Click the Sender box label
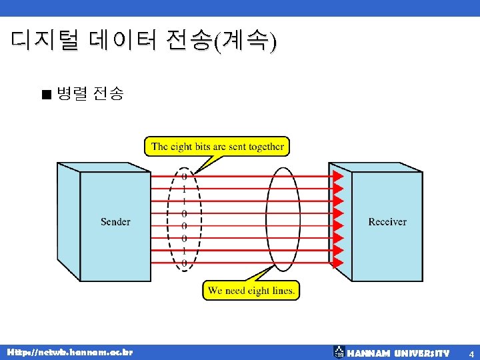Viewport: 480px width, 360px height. (x=115, y=221)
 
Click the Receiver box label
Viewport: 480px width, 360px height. (x=387, y=221)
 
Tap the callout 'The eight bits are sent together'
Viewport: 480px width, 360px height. (x=217, y=147)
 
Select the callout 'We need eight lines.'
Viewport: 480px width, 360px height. (x=251, y=291)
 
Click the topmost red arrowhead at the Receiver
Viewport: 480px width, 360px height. (x=338, y=176)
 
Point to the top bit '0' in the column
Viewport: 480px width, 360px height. (x=184, y=177)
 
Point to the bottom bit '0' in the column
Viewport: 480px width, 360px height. (x=184, y=263)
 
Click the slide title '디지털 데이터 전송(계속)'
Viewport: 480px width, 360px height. (x=143, y=41)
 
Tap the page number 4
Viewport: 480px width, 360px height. (x=471, y=353)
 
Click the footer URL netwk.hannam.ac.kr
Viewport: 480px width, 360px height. (x=70, y=351)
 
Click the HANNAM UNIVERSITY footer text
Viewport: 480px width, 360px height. (x=399, y=353)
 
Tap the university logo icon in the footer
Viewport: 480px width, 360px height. (x=339, y=351)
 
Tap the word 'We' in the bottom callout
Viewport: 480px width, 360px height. (x=215, y=291)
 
